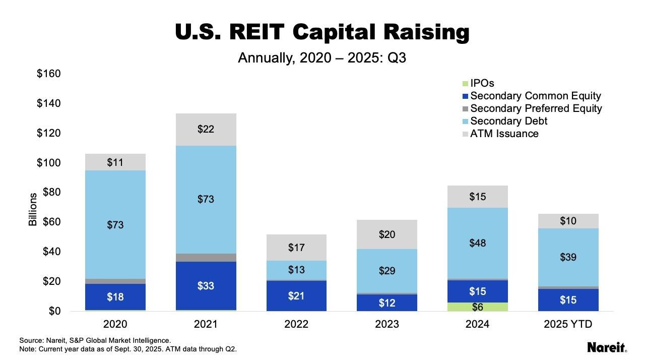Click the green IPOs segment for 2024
pos(477,307)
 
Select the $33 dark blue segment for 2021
pos(206,286)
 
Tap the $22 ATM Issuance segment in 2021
pos(206,130)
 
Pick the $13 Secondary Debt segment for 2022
pos(296,270)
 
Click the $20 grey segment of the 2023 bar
pos(386,234)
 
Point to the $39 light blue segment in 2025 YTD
pos(568,257)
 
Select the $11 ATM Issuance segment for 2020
pos(115,162)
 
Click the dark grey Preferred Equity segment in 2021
pos(206,258)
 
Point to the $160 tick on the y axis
pos(48,74)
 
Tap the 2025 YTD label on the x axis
pos(568,324)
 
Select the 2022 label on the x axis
pos(296,324)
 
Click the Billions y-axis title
pos(33,209)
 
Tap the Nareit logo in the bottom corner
pos(607,347)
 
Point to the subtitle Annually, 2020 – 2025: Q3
pos(322,58)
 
